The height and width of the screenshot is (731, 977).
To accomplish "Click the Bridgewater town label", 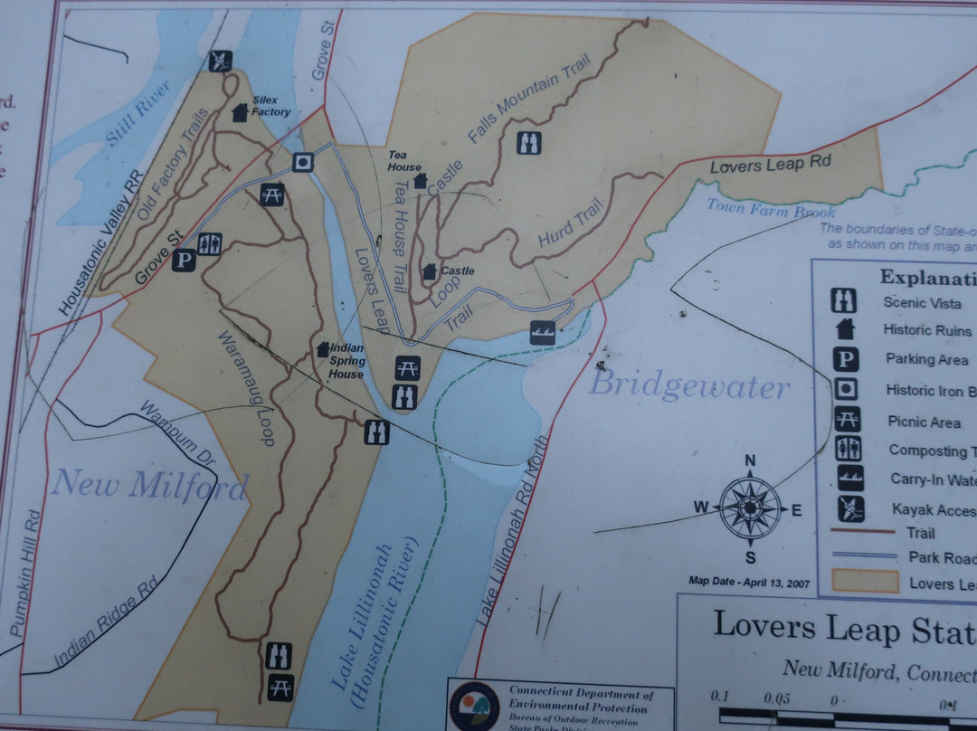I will coord(689,386).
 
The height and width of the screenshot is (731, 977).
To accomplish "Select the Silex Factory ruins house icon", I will coord(241,112).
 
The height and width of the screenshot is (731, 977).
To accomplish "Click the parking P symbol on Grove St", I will coord(184,261).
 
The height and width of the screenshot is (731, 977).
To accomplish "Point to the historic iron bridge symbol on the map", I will coord(303,162).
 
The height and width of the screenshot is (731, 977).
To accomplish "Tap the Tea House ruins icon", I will coord(420,181).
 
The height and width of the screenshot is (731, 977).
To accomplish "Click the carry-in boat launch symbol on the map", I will coord(543,332).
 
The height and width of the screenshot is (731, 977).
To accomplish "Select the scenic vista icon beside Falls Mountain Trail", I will coord(528,142).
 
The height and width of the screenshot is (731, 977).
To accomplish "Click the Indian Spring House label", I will coord(346,360).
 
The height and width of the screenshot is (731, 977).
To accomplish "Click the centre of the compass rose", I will coord(750,509).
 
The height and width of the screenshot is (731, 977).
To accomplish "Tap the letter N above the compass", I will coord(749,460).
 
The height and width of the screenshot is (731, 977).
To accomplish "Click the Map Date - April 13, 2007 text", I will coord(748,582).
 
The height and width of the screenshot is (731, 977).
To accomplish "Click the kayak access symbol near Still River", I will coord(220,61).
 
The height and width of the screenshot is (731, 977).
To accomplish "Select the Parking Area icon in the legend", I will coord(846,360).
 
